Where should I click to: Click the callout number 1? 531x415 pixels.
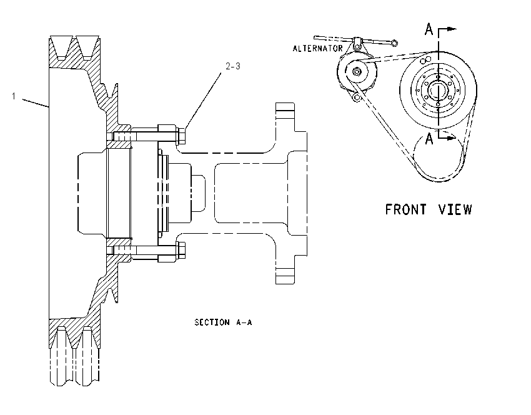coord(14,96)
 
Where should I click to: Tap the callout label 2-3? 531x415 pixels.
coord(233,66)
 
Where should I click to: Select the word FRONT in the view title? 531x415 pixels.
coord(405,209)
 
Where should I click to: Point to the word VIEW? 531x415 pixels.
coord(455,209)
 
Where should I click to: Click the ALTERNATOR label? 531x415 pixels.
coord(317,49)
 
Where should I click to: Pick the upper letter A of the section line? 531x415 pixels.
coord(429,29)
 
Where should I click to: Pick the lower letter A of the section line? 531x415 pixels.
coord(429,139)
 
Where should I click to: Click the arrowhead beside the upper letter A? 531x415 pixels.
coord(452,29)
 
